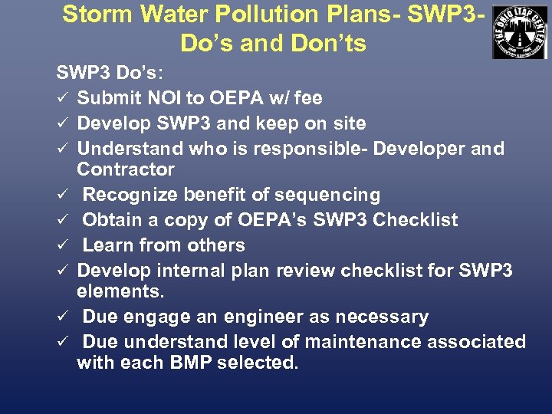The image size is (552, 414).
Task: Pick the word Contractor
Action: click(x=126, y=169)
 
